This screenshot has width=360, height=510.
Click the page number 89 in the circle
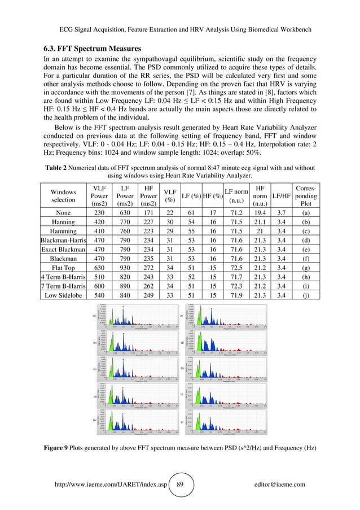tap(179, 484)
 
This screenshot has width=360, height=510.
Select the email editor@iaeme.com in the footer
tap(280, 484)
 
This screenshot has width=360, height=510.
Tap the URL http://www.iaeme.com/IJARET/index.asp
tap(107, 484)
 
